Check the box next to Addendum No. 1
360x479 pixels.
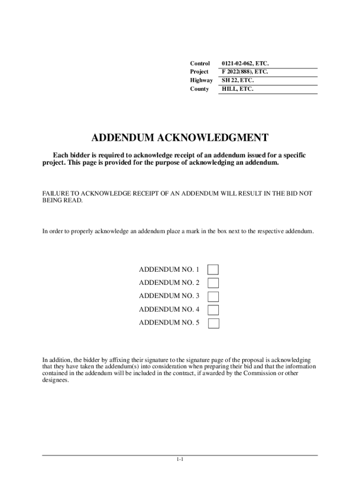[x=213, y=269]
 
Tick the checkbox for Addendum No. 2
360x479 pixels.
[x=213, y=283]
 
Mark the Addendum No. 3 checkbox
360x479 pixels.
[x=213, y=296]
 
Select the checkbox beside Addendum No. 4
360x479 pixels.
[x=213, y=310]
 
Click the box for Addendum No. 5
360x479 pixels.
[x=213, y=323]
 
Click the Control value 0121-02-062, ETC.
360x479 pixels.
[x=245, y=63]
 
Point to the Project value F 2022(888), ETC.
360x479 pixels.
[x=245, y=72]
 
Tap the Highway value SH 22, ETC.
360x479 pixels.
[x=238, y=80]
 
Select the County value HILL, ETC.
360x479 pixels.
[x=238, y=88]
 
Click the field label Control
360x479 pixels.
[x=200, y=63]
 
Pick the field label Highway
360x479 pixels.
[x=201, y=80]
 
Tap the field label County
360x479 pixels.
[x=199, y=88]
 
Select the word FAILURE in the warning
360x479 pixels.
[x=56, y=193]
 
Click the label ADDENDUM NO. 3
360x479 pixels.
[x=169, y=296]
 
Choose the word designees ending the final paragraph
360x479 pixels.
[x=55, y=380]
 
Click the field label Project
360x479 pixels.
[x=199, y=72]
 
